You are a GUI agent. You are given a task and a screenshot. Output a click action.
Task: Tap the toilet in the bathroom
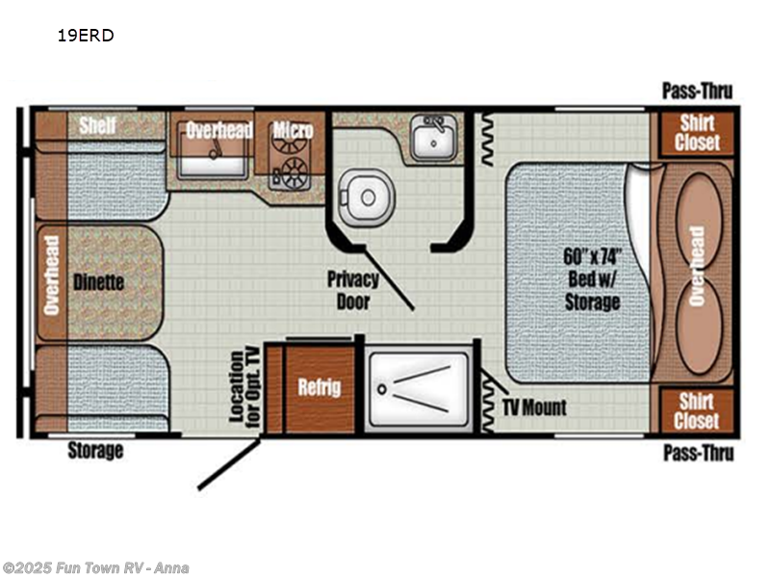[x=367, y=197]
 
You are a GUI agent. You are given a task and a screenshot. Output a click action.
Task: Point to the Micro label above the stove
[x=292, y=130]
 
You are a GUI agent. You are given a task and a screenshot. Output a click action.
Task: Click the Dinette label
[x=98, y=282]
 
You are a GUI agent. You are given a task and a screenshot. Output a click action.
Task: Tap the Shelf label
[x=97, y=125]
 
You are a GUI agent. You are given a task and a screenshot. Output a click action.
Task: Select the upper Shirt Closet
[x=697, y=133]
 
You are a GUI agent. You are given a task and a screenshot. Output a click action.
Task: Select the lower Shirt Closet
[x=697, y=410]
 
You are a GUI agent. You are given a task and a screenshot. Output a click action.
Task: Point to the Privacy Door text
[x=352, y=290]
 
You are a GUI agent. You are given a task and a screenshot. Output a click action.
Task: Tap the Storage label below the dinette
[x=95, y=450]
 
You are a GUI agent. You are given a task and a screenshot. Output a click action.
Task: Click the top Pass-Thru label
[x=697, y=92]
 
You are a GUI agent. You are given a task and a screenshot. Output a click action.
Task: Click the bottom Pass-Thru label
[x=698, y=452]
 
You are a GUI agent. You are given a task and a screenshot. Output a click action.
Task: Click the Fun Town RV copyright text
[x=95, y=567]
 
